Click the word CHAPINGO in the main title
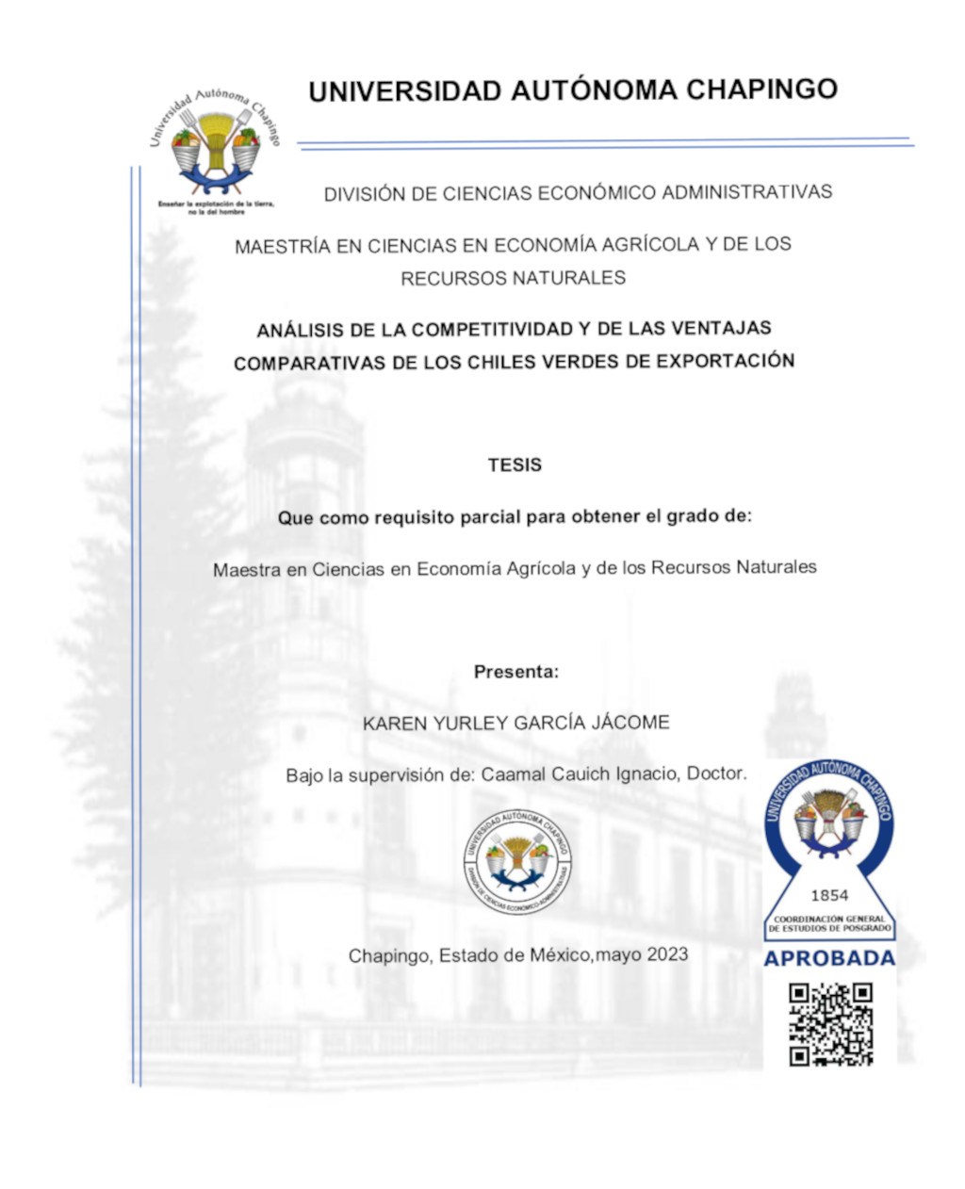point(761,90)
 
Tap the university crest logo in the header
point(216,142)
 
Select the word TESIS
point(515,464)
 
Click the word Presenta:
point(516,672)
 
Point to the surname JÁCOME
point(630,723)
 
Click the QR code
point(830,1024)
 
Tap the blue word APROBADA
point(829,959)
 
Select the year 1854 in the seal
point(829,895)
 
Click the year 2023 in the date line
point(667,954)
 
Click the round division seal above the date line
point(516,861)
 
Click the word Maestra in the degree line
point(247,569)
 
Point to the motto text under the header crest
point(216,207)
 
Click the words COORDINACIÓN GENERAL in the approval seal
point(829,919)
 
